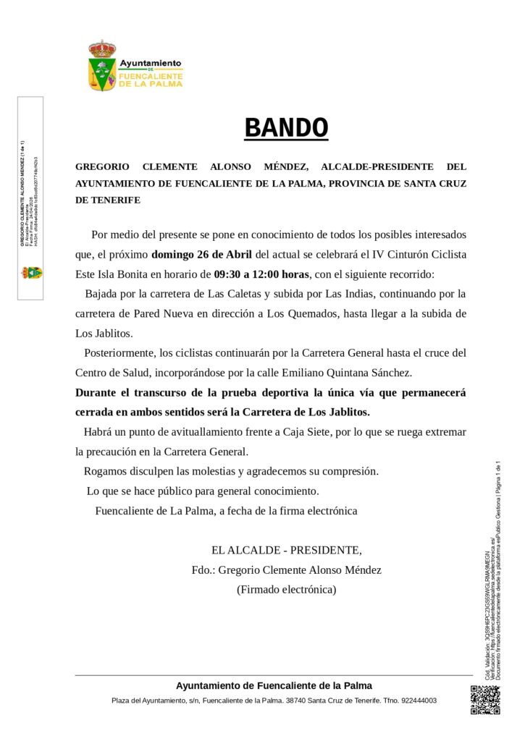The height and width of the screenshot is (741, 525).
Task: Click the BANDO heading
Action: click(286, 128)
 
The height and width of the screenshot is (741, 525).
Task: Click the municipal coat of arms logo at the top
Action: click(103, 66)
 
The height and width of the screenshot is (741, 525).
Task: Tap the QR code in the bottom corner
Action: click(484, 699)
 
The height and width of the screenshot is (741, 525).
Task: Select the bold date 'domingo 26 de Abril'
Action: click(203, 255)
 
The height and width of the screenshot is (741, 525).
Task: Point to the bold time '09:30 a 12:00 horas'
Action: click(261, 274)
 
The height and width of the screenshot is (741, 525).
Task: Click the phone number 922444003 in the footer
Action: click(418, 700)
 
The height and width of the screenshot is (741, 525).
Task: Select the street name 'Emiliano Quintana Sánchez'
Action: click(349, 373)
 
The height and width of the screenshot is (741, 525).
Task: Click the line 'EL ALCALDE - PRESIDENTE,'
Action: click(286, 549)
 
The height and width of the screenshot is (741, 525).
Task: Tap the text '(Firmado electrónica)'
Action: click(286, 589)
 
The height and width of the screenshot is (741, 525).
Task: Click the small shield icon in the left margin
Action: click(31, 273)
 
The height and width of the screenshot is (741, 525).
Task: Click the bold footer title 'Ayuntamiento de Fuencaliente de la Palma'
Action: click(274, 685)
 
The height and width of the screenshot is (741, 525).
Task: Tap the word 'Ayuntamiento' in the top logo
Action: click(151, 63)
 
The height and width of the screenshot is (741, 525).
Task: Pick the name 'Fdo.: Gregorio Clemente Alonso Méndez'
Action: click(286, 569)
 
